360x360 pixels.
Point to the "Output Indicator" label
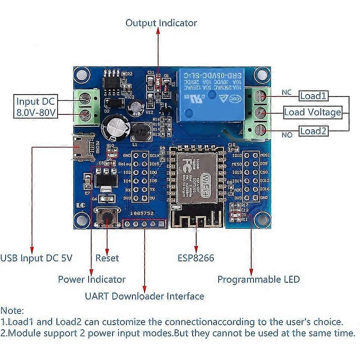point(161,23)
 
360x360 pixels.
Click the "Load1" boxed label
point(313,96)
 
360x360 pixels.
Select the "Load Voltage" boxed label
point(313,112)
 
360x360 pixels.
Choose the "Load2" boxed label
point(313,131)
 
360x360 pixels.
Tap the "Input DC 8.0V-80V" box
point(37,107)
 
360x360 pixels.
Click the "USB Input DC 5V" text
point(36,258)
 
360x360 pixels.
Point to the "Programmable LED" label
point(258,279)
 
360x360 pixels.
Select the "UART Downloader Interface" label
point(144,296)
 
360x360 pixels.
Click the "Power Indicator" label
point(92,279)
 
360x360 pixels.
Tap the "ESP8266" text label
point(196,258)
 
